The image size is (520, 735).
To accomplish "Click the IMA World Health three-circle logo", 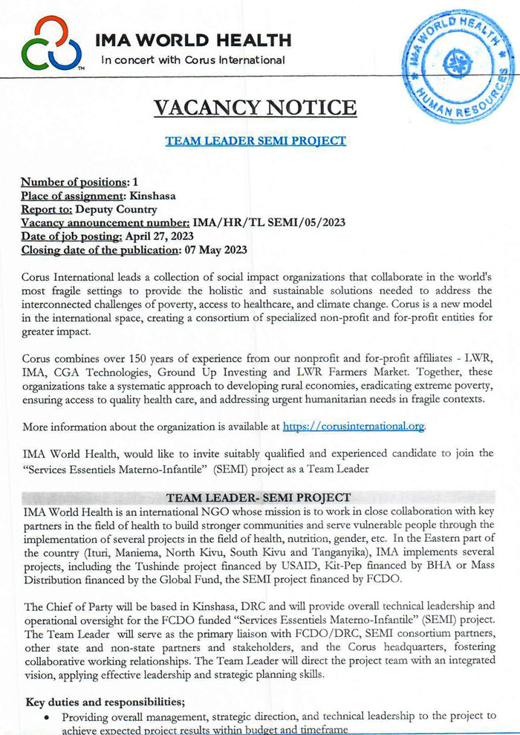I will pyautogui.click(x=51, y=44).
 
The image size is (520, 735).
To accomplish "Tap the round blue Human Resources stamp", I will pyautogui.click(x=458, y=66).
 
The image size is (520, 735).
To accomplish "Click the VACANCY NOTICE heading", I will pyautogui.click(x=255, y=107).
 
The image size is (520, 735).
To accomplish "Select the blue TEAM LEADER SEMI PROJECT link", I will pyautogui.click(x=255, y=140).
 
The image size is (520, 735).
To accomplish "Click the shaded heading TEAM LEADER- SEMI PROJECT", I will pyautogui.click(x=259, y=497).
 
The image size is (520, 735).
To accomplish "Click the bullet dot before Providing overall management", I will pyautogui.click(x=48, y=716).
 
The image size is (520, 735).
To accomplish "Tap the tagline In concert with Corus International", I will pyautogui.click(x=192, y=59).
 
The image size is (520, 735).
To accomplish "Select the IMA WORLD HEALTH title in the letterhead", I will pyautogui.click(x=192, y=39).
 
